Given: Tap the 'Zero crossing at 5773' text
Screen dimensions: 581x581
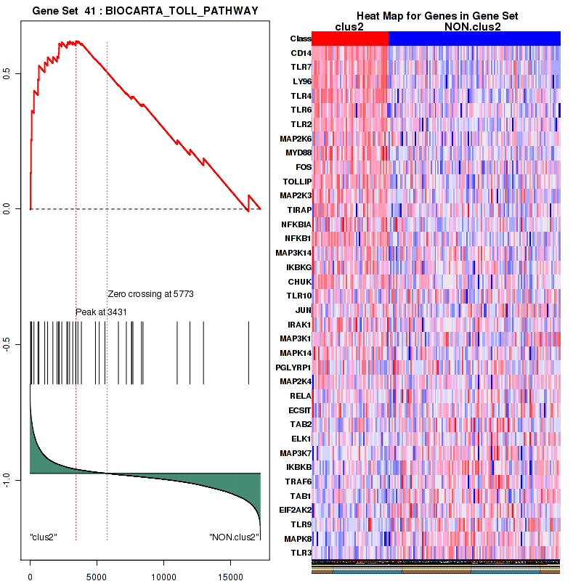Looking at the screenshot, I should (x=150, y=294).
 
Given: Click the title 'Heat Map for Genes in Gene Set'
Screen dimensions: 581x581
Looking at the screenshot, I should (x=436, y=17).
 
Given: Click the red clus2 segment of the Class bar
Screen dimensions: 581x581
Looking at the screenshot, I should (x=351, y=38).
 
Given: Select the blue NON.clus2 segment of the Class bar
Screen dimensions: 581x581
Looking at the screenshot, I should (x=474, y=38).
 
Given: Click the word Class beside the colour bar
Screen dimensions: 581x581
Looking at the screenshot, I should (x=300, y=38).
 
